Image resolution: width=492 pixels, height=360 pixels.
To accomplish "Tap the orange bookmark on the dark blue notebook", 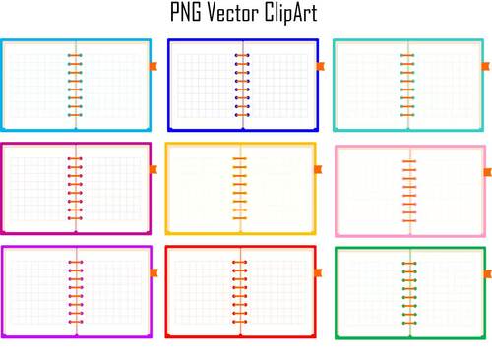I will pyautogui.click(x=319, y=66).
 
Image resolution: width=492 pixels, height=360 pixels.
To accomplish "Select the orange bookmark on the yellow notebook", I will pyautogui.click(x=318, y=170).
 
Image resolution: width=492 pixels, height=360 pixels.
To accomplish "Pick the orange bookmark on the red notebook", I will pyautogui.click(x=319, y=272).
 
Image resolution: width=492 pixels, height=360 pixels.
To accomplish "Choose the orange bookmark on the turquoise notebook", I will pyautogui.click(x=485, y=66).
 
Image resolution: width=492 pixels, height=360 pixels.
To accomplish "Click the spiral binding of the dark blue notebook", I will pyautogui.click(x=242, y=86).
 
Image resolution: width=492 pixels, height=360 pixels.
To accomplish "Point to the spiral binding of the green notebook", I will pyautogui.click(x=408, y=292).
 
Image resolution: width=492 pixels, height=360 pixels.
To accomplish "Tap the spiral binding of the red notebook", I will pyautogui.click(x=240, y=291).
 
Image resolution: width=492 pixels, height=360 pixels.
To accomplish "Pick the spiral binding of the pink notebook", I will pyautogui.click(x=407, y=189).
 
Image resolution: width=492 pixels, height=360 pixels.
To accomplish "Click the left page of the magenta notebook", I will pyautogui.click(x=39, y=189).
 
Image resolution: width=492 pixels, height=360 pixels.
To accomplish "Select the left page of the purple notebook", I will pyautogui.click(x=39, y=291).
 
